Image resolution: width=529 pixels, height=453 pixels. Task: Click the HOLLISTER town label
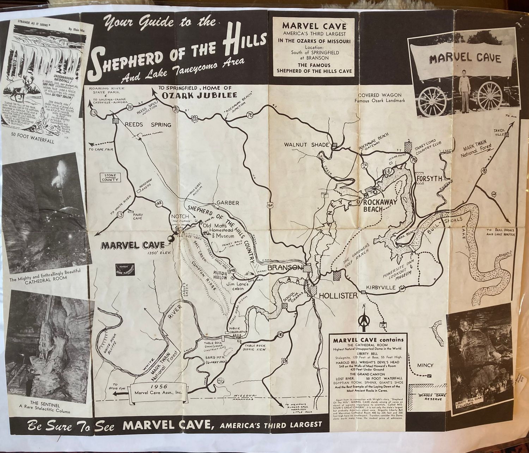[x=338, y=295]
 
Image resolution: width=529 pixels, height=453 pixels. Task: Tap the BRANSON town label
[x=285, y=268]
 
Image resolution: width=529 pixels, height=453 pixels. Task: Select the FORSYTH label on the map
[x=429, y=178]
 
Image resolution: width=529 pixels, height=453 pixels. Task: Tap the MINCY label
[x=425, y=365]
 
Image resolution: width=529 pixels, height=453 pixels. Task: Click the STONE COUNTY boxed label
[x=110, y=177]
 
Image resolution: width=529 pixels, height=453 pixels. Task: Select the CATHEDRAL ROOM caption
[x=45, y=277]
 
